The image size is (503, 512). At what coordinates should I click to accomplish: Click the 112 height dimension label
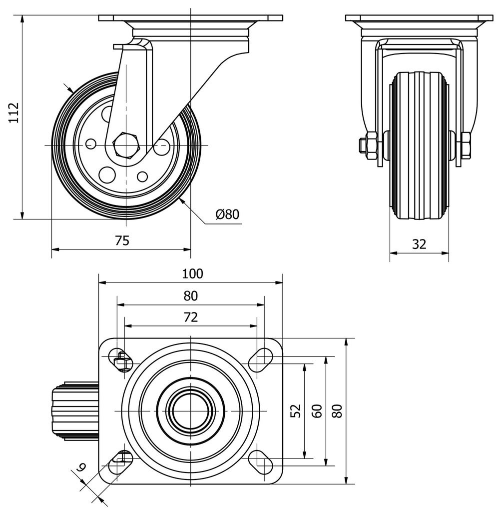point(13,113)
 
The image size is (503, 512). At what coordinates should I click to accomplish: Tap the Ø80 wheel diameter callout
point(227,214)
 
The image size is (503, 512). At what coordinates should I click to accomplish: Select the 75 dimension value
point(122,240)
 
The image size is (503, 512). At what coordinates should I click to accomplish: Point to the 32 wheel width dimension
point(419,244)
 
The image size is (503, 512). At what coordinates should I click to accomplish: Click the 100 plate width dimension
point(192,273)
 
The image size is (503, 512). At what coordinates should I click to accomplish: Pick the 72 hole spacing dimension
point(191,317)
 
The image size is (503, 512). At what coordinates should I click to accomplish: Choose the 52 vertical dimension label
point(296,410)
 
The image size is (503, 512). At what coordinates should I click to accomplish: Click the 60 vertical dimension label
point(317,410)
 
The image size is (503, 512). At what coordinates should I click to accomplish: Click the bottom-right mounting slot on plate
point(260,461)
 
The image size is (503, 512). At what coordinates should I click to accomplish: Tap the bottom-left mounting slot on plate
point(120,461)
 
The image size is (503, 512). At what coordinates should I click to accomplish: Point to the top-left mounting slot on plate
point(120,359)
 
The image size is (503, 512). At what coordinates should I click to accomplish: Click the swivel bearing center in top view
point(191,410)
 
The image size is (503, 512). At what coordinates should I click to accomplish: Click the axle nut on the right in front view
point(466,145)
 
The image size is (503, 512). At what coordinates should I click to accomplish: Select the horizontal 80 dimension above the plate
point(190,295)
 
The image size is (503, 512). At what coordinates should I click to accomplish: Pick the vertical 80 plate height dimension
point(338,410)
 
